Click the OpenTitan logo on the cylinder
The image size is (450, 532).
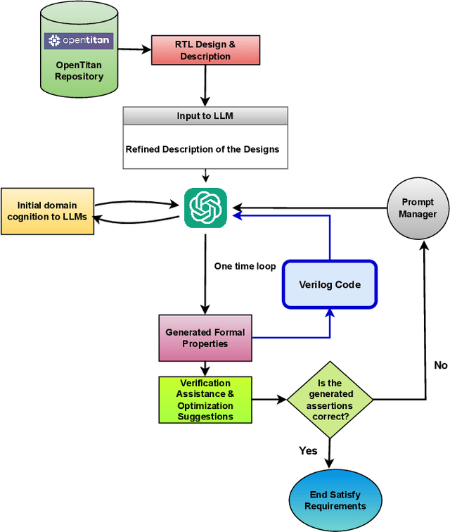(79, 41)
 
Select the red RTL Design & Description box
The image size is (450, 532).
(205, 50)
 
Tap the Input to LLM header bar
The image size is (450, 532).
(205, 116)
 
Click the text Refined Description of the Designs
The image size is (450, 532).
(202, 149)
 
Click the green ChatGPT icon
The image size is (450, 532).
(205, 208)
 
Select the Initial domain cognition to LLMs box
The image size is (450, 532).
(47, 210)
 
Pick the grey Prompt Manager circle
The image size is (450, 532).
(418, 208)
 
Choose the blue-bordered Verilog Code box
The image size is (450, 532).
(330, 284)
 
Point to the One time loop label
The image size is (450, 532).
(245, 267)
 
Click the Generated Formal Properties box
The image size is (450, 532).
(205, 338)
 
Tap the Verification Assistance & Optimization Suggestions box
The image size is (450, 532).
(205, 400)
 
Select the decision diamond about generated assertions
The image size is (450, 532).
(330, 400)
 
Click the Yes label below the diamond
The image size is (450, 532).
(308, 450)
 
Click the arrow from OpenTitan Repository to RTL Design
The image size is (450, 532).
(135, 49)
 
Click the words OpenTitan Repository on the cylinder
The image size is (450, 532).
(79, 70)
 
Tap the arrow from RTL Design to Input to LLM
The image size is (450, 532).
(205, 86)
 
